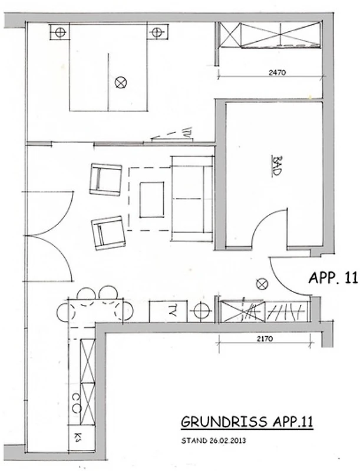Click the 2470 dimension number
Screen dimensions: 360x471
[x=277, y=72]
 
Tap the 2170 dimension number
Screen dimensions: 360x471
[x=265, y=339]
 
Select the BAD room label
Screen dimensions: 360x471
[x=277, y=165]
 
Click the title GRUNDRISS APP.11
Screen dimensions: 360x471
[x=247, y=422]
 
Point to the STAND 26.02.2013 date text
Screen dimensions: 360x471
[x=214, y=440]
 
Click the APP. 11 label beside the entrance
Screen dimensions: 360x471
[x=333, y=277]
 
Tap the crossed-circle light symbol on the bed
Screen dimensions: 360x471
[x=121, y=82]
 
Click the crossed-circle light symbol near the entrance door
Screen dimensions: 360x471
[x=262, y=283]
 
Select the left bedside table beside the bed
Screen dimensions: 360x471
[x=60, y=32]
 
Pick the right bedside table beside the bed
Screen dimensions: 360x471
[x=158, y=32]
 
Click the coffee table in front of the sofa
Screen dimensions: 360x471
[x=152, y=200]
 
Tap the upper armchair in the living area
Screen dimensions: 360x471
[x=106, y=180]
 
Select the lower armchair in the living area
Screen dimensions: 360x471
[x=109, y=233]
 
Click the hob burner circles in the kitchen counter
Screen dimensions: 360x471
[x=77, y=403]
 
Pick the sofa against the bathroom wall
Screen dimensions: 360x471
[x=192, y=198]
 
